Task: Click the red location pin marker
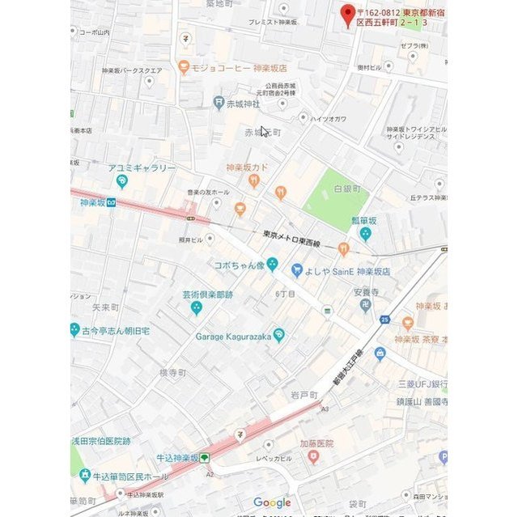pos(348,15)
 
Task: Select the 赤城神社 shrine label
pos(243,104)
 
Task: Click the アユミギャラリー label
pos(142,168)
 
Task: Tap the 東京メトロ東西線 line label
pos(291,238)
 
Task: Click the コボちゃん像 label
pos(238,265)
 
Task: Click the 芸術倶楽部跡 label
pos(206,295)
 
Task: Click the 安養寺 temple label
pos(366,292)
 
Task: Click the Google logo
pos(272,502)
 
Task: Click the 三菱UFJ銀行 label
pos(422,384)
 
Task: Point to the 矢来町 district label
pos(105,307)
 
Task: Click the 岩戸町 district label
pos(304,394)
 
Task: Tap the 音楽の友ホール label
pos(209,193)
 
